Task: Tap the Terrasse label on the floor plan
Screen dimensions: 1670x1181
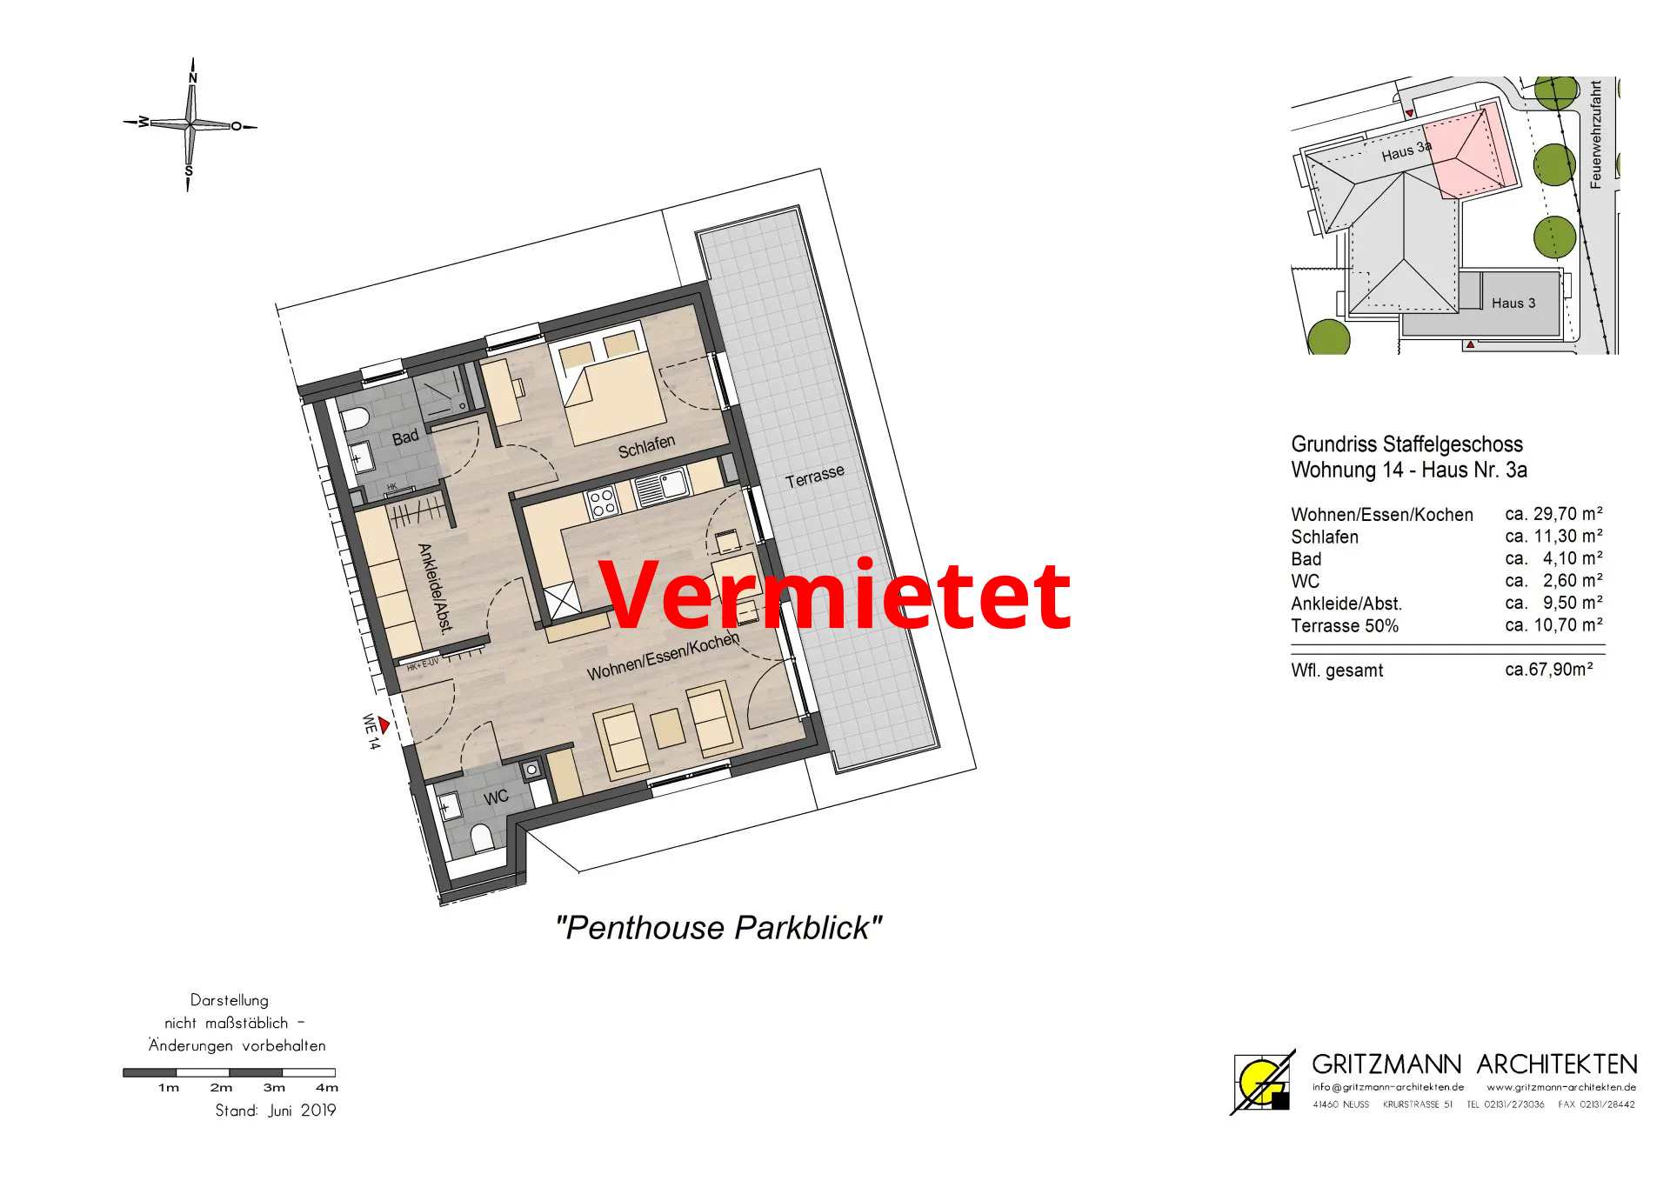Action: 815,477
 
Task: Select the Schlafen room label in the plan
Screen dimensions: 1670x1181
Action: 646,447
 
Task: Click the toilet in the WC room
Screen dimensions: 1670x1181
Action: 483,837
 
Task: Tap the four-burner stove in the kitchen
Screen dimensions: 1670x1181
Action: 602,503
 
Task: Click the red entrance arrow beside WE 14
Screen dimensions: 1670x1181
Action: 384,724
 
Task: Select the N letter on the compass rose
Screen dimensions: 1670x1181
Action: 193,78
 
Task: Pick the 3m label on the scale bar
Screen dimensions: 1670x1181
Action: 274,1087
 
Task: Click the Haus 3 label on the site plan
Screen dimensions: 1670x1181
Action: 1513,303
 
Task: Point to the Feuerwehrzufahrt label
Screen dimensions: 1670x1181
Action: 1595,134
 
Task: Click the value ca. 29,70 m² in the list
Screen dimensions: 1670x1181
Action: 1553,514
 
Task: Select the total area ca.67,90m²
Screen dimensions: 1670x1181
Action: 1549,670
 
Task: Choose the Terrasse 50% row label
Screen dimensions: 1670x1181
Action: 1345,625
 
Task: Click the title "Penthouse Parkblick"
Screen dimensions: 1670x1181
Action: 718,928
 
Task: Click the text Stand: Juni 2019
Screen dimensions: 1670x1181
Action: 276,1111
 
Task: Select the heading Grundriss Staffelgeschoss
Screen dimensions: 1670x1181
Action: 1406,444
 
